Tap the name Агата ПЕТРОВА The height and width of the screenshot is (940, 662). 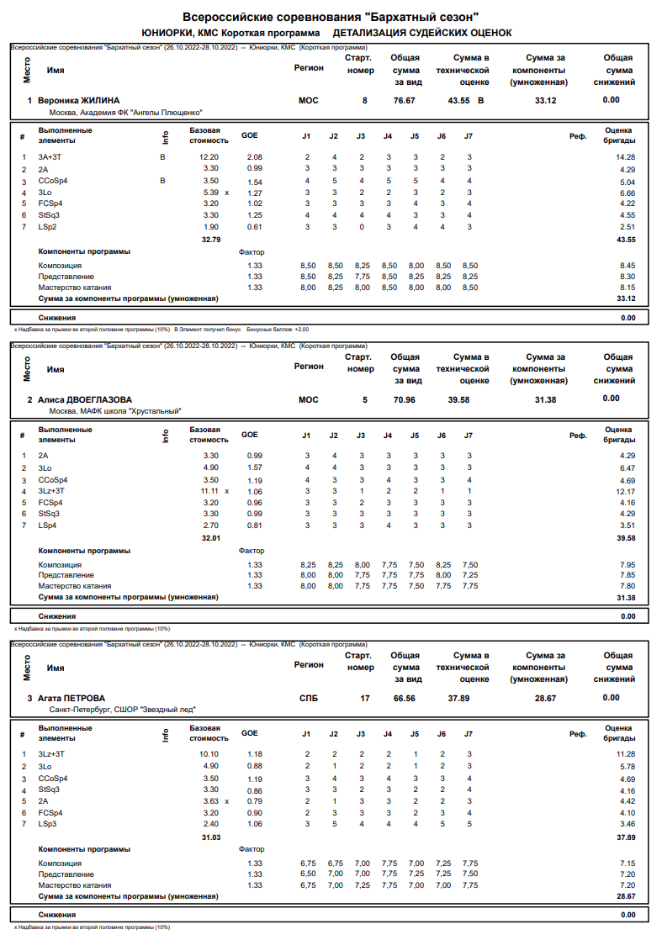(72, 698)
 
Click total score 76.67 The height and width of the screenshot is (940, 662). (405, 100)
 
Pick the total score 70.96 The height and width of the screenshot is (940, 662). (405, 399)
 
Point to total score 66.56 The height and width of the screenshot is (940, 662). (405, 698)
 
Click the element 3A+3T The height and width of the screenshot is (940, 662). (50, 157)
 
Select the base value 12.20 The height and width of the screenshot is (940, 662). (209, 157)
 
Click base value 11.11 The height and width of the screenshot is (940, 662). (209, 490)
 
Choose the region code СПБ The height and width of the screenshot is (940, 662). (309, 698)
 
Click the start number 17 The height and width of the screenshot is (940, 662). (365, 698)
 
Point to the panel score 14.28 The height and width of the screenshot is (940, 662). (625, 157)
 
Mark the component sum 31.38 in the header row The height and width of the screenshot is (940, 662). (545, 399)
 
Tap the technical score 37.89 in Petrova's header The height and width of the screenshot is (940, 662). (458, 698)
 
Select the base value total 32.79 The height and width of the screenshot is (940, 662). (210, 240)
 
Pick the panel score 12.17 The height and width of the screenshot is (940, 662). (625, 490)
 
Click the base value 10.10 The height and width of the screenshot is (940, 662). (209, 754)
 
